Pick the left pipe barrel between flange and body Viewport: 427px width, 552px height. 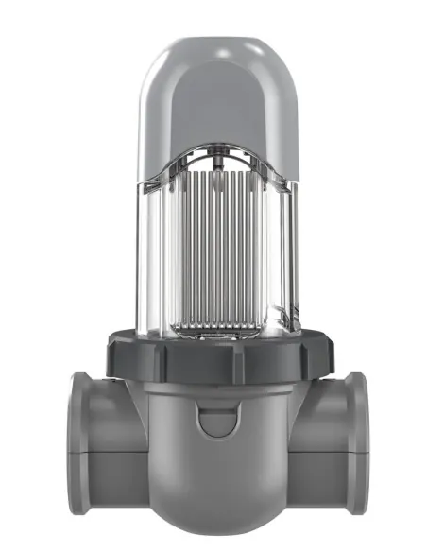tap(118, 440)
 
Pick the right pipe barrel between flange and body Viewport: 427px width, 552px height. tap(316, 440)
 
